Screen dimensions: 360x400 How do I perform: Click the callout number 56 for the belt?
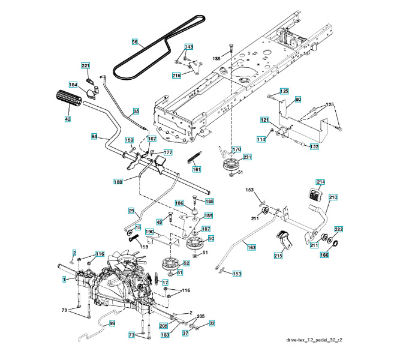coord(135,41)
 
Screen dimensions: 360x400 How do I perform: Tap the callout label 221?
coord(86,65)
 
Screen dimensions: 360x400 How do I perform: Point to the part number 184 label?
coord(73,85)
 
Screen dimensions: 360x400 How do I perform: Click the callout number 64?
coord(94,137)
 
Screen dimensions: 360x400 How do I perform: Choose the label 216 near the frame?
coord(176,75)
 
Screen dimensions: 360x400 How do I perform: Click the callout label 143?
coord(189,47)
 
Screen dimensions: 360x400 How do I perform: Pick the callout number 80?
coord(298,98)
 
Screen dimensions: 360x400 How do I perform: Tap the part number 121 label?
coord(264,121)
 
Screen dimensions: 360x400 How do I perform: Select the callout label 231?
coord(248,157)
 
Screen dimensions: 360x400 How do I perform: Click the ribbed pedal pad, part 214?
coord(314,195)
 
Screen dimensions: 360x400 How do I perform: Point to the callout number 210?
coord(333,197)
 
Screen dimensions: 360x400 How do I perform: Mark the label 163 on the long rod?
coord(251,247)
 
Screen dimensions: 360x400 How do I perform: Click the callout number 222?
coord(339,230)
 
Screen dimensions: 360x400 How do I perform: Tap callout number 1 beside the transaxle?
coord(64,279)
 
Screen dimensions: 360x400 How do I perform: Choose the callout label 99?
coord(112,323)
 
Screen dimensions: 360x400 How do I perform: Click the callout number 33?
coord(212,323)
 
